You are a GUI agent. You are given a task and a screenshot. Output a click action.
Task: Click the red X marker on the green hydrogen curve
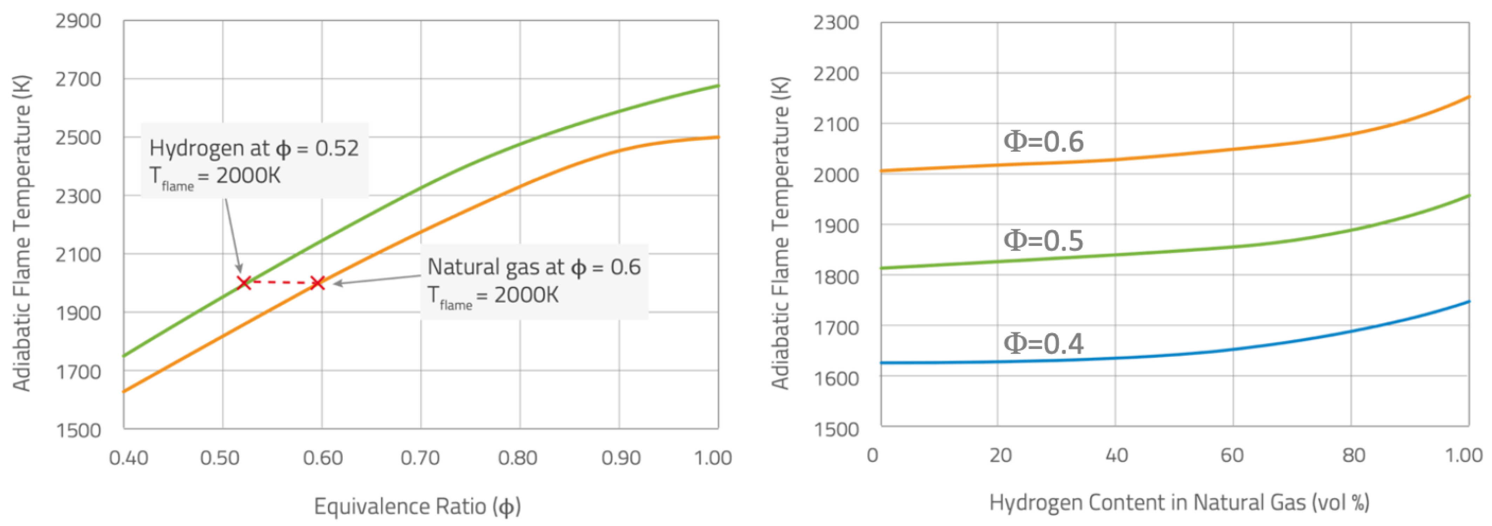pyautogui.click(x=244, y=283)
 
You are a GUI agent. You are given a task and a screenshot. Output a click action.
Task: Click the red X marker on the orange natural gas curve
pyautogui.click(x=318, y=283)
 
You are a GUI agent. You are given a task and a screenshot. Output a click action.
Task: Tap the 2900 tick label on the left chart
pyautogui.click(x=78, y=21)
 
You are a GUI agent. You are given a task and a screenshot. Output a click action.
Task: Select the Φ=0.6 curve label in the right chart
pyautogui.click(x=1043, y=141)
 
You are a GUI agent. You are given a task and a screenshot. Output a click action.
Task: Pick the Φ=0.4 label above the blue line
pyautogui.click(x=1043, y=343)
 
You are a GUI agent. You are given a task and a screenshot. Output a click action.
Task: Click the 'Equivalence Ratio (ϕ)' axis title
pyautogui.click(x=417, y=506)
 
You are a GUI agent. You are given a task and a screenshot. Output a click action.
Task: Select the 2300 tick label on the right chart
pyautogui.click(x=836, y=23)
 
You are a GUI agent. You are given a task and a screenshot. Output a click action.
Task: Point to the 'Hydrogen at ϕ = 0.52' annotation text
pyautogui.click(x=254, y=148)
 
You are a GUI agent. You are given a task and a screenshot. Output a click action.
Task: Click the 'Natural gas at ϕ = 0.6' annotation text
pyautogui.click(x=533, y=267)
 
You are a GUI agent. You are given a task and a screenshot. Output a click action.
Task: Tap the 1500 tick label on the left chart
pyautogui.click(x=78, y=430)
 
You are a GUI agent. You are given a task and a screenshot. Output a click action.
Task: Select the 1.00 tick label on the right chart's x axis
pyautogui.click(x=1464, y=455)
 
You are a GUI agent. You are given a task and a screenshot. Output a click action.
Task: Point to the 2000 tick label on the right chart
pyautogui.click(x=836, y=175)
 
